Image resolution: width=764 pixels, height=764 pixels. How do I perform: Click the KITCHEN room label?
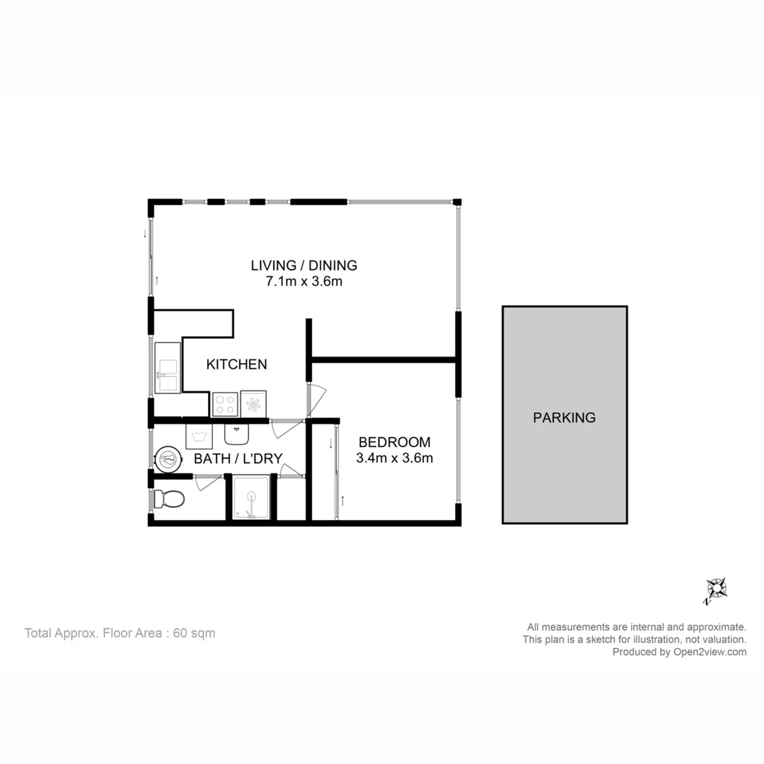[236, 364]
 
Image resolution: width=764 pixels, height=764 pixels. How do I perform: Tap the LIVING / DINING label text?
[303, 265]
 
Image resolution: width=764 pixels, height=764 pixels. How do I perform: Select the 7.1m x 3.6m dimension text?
[303, 282]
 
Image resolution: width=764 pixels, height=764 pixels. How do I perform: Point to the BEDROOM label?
[394, 442]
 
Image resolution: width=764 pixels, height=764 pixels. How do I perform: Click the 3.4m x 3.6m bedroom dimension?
[394, 458]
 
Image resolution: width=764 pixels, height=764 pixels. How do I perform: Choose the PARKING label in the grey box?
[564, 417]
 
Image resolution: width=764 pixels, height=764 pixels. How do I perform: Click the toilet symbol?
[169, 499]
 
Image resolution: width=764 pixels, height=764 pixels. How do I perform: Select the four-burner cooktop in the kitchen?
[225, 404]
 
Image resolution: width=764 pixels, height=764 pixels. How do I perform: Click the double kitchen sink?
[168, 367]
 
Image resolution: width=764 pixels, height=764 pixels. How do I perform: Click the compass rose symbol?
[716, 589]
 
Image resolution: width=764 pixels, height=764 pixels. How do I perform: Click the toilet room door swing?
[208, 482]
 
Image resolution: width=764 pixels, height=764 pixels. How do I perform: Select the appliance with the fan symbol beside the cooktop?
[253, 404]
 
